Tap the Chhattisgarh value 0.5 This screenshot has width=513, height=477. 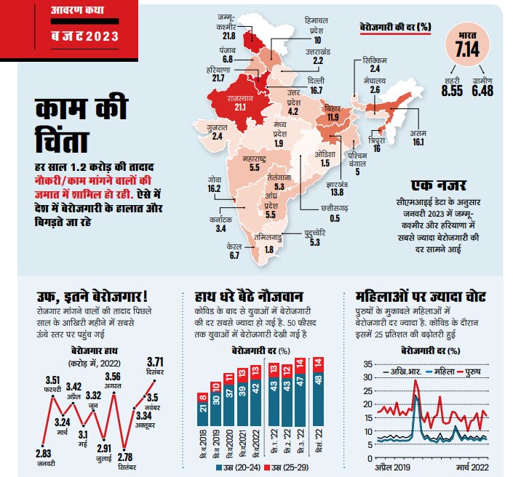coord(334,218)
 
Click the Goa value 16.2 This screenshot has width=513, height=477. coord(214,188)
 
